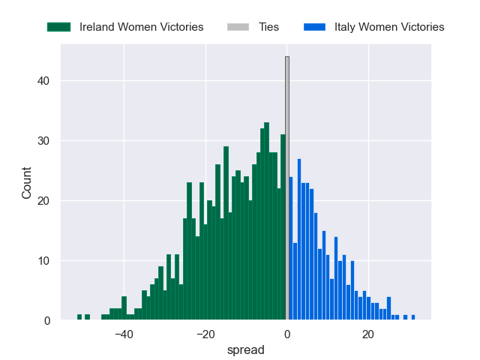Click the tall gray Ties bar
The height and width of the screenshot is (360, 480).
click(x=286, y=187)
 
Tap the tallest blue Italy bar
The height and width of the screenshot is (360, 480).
click(x=299, y=240)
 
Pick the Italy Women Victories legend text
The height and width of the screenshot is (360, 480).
click(x=389, y=27)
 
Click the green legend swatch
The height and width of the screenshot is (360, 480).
click(x=58, y=27)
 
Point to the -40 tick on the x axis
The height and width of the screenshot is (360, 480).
click(x=124, y=334)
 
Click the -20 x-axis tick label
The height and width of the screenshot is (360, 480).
click(x=205, y=334)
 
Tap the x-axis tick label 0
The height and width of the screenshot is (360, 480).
click(x=286, y=334)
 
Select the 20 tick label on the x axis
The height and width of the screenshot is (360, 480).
click(x=368, y=334)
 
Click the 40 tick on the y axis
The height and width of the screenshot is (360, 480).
click(x=45, y=81)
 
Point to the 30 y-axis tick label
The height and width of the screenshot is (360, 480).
click(x=45, y=141)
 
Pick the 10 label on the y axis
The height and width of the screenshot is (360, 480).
click(x=45, y=261)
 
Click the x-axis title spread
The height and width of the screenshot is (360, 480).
click(x=245, y=349)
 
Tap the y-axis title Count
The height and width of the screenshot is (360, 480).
click(x=27, y=182)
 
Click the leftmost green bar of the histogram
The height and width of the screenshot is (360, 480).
click(x=79, y=317)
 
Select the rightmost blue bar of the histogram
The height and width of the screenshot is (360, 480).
click(x=412, y=317)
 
